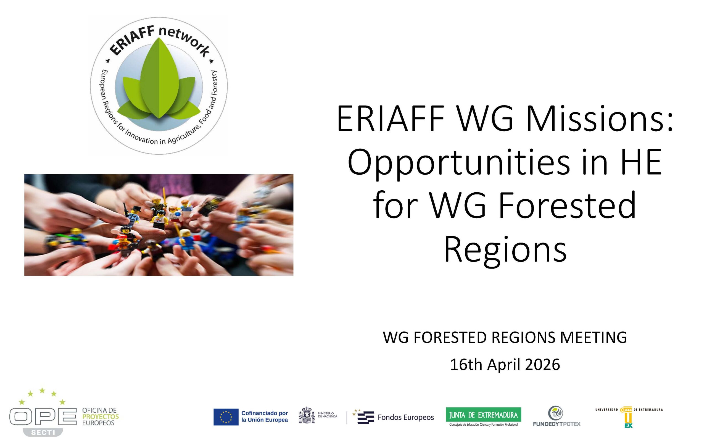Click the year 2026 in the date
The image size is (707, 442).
tap(542, 365)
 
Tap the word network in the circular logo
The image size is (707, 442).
tap(184, 41)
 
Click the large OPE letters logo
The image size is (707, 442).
tap(43, 417)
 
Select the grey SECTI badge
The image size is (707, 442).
tap(43, 432)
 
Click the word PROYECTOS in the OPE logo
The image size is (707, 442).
tap(101, 417)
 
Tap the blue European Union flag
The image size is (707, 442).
tap(226, 417)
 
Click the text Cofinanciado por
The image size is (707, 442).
tap(264, 413)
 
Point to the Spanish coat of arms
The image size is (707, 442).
tap(307, 415)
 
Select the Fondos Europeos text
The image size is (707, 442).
tap(406, 417)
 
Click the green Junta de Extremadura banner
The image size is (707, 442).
tap(484, 415)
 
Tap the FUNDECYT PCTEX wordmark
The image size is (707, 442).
tap(556, 424)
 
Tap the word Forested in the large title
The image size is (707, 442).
tap(567, 206)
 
